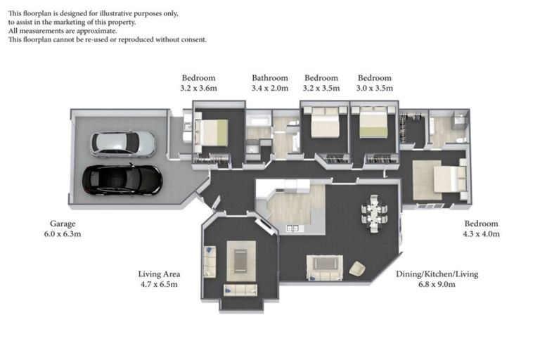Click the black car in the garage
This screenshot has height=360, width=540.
122,180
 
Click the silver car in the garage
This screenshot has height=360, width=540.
123,144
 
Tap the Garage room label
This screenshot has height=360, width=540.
63,224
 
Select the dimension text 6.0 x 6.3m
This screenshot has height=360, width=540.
63,234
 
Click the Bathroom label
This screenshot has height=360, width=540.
270,78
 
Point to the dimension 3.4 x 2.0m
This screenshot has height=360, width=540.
270,88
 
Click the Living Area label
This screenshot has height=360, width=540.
159,274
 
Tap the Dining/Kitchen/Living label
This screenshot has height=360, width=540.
437,274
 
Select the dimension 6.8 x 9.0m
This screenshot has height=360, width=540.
437,285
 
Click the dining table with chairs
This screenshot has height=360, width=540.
374,214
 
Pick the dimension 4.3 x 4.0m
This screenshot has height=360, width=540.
481,234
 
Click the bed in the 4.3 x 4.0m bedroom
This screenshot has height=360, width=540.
450,179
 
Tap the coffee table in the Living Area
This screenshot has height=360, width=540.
240,261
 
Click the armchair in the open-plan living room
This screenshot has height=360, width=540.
357,269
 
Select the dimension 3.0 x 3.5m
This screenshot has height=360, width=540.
375,88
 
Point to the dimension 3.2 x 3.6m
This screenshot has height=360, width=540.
199,88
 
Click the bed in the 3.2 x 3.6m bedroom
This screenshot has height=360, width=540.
211,133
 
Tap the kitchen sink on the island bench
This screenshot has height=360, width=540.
293,228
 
